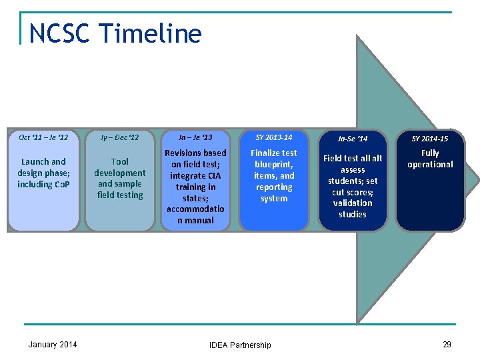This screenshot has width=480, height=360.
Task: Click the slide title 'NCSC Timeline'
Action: (115, 33)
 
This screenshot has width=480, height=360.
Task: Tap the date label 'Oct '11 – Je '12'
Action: (43, 138)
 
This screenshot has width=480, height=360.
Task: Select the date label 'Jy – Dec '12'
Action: (120, 138)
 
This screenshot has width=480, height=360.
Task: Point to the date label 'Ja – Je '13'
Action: (195, 138)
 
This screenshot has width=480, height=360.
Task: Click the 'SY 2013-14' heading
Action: (274, 137)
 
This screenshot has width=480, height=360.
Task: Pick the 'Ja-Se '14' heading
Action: (353, 139)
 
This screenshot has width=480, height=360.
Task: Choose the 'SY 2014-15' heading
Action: (430, 139)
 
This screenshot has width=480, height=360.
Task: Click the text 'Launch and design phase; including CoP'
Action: (43, 173)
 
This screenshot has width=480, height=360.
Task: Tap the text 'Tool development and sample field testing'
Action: (120, 178)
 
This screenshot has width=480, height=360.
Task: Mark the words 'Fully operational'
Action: (430, 159)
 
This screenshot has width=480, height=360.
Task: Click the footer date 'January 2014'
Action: (53, 344)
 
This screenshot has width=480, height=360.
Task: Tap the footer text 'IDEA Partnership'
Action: (240, 345)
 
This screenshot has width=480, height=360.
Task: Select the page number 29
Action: (447, 344)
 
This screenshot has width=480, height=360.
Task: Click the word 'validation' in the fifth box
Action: (353, 203)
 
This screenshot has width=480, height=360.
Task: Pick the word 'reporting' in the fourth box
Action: (274, 187)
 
